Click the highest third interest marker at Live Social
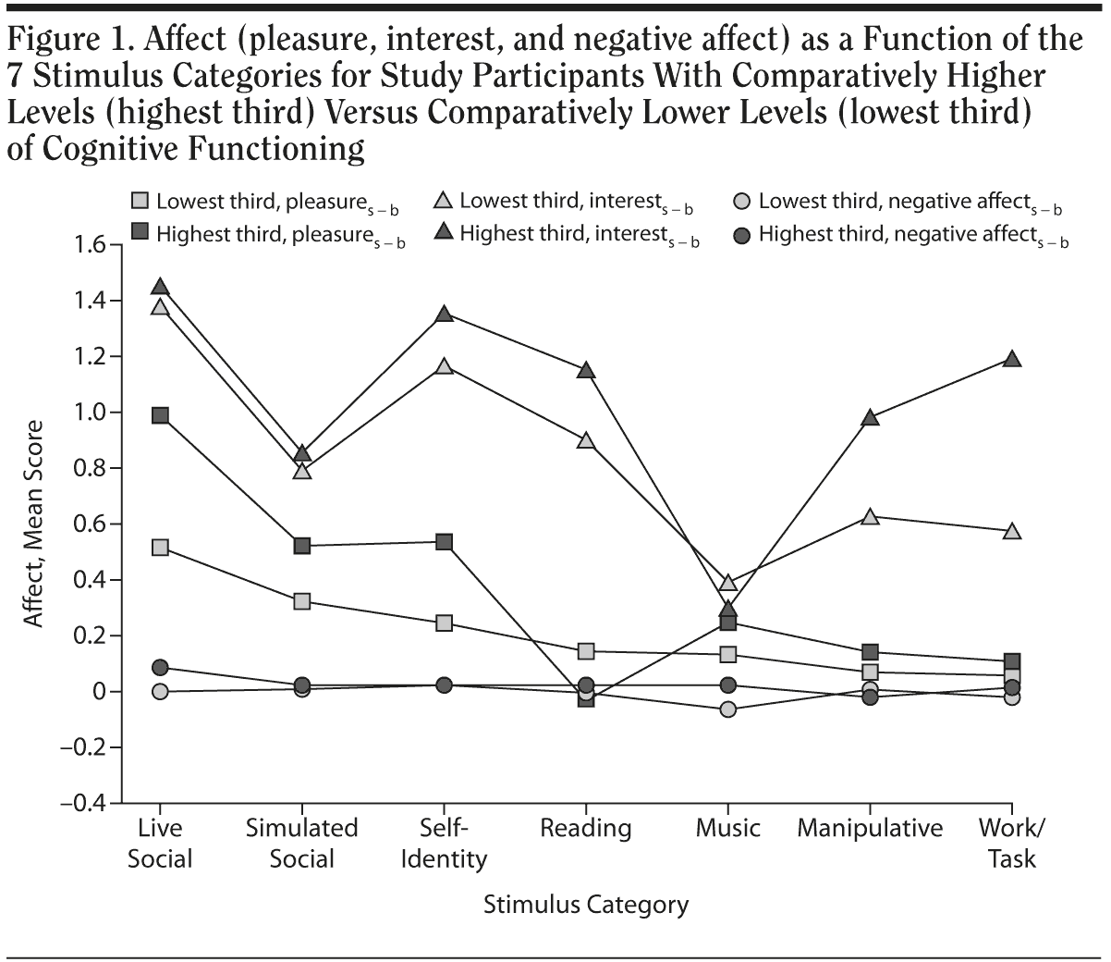160,287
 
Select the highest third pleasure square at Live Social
160,415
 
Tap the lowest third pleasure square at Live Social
160,548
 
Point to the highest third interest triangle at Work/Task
1012,359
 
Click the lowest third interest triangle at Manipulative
870,516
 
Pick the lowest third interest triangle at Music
728,583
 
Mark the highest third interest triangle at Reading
586,370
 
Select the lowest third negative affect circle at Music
728,709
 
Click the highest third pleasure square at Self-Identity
444,542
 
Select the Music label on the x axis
728,828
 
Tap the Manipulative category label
870,828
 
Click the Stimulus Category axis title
586,904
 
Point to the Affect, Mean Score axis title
35,524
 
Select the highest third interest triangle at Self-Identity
444,314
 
